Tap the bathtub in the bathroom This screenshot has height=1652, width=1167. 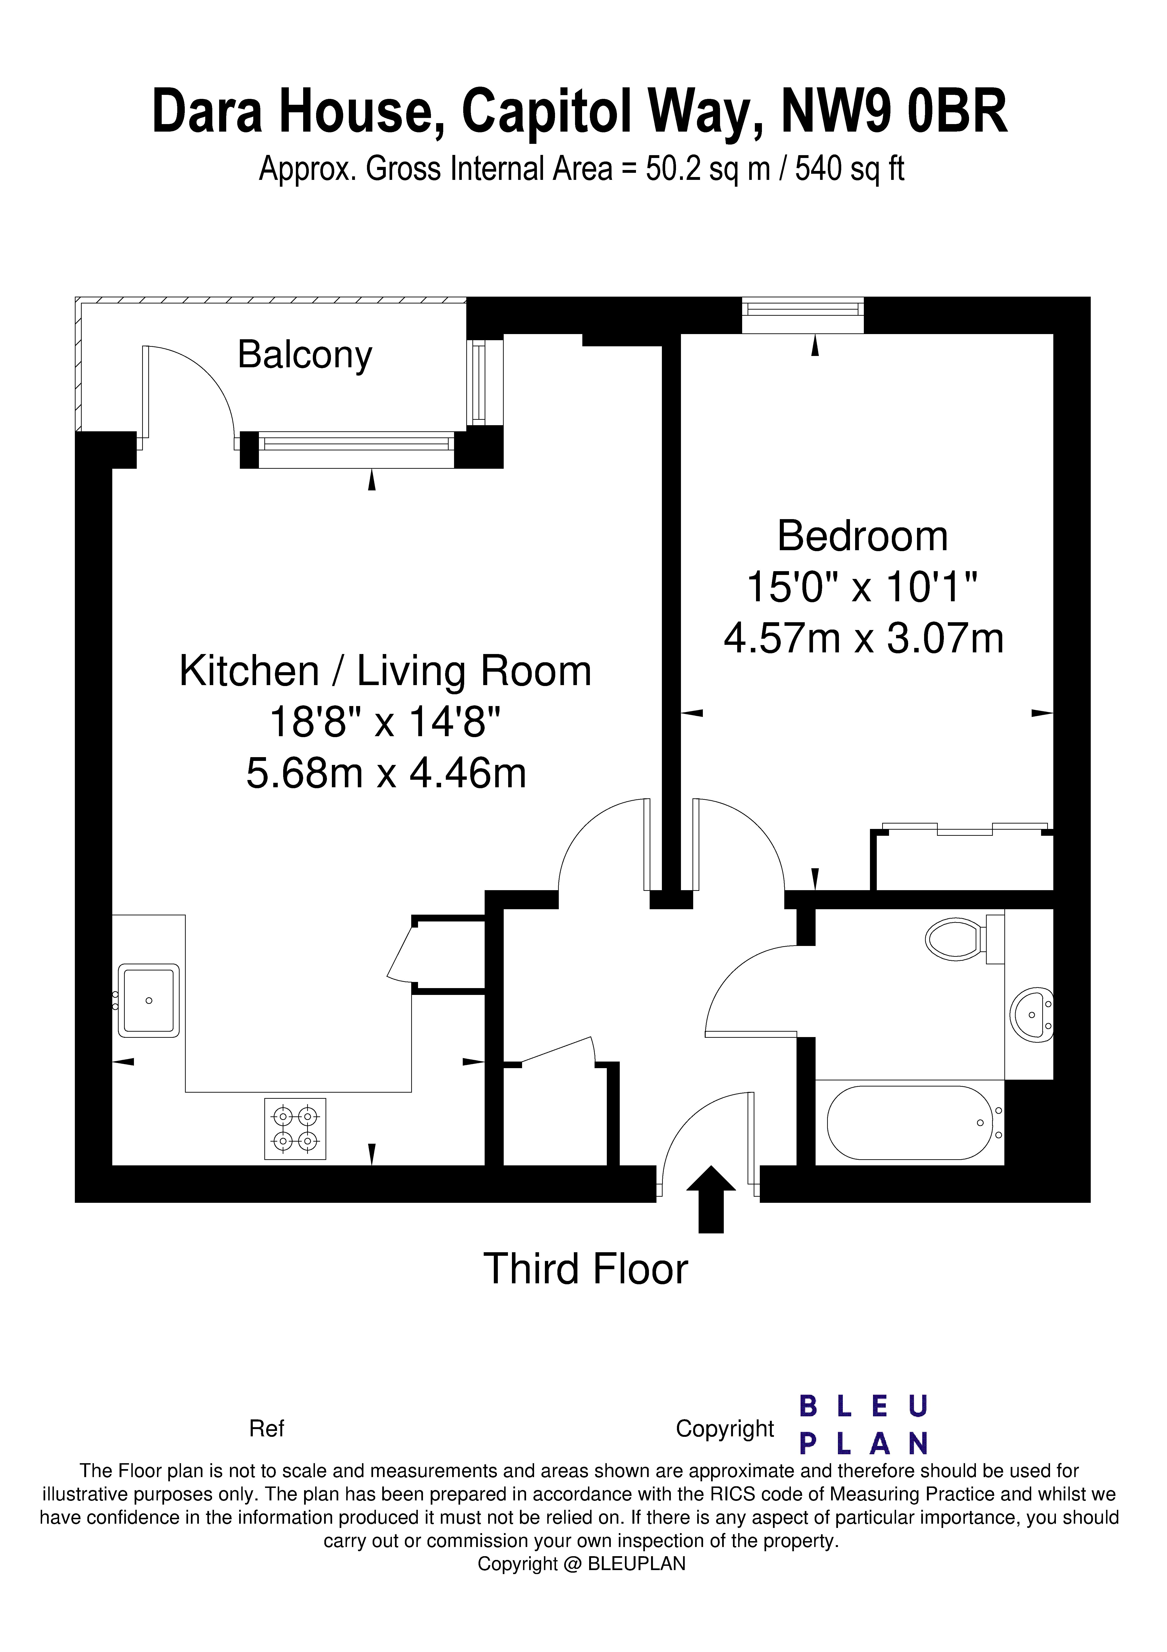tap(910, 1123)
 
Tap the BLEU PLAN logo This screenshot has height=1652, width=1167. tap(863, 1425)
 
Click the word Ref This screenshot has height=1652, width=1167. tap(266, 1428)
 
